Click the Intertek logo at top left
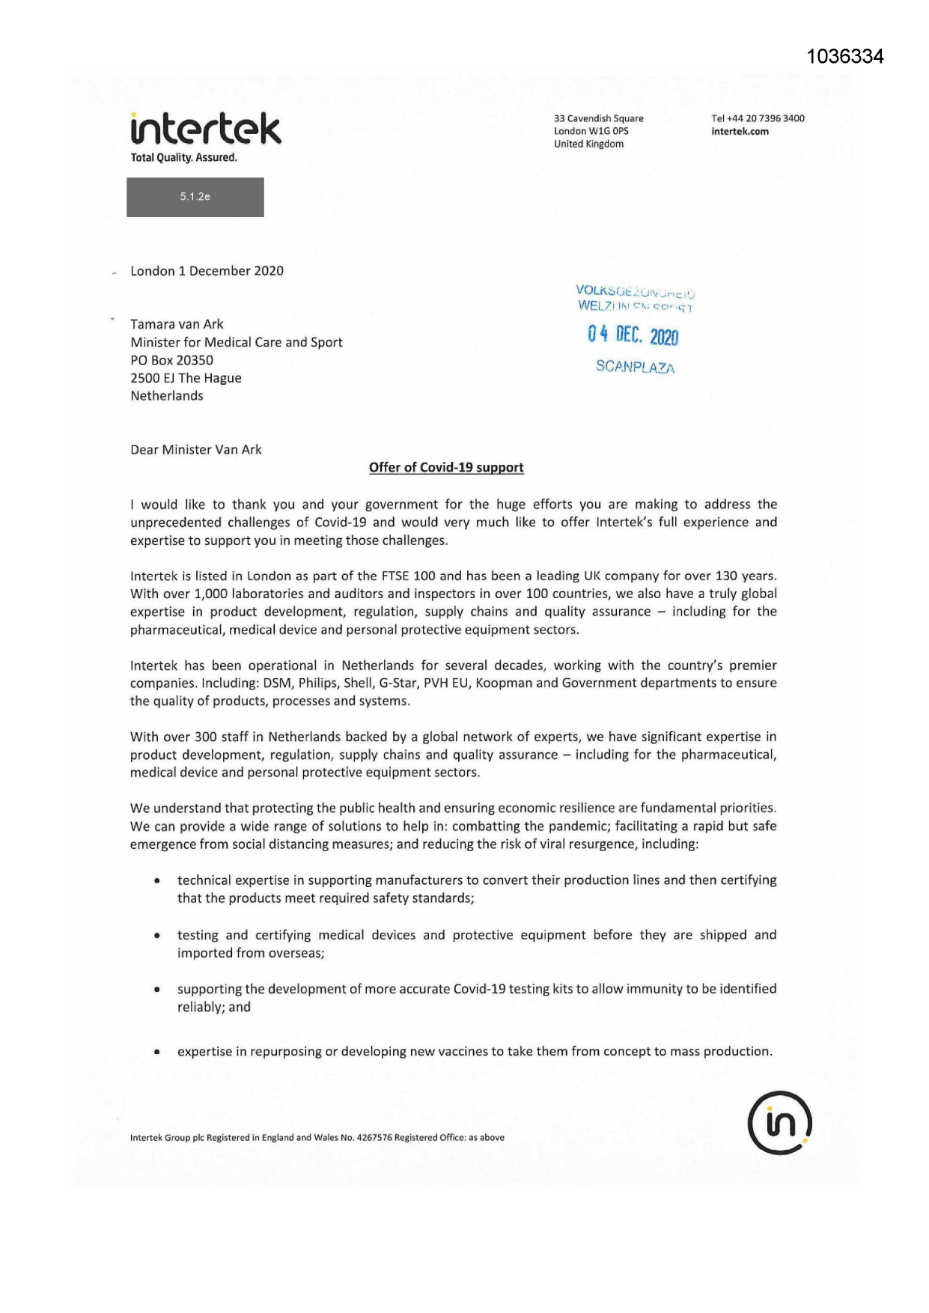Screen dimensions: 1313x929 (x=206, y=129)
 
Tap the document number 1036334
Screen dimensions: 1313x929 (x=845, y=57)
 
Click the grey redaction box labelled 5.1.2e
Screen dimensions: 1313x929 (x=195, y=197)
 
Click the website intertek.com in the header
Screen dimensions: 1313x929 (x=740, y=132)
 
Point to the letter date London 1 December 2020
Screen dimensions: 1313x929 (x=207, y=271)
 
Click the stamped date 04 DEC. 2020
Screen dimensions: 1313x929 (x=633, y=335)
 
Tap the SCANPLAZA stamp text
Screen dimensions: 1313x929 (x=635, y=367)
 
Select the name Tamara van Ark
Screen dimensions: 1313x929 (x=177, y=324)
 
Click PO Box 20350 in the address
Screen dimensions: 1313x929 (x=171, y=360)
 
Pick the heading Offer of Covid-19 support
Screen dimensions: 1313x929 (x=446, y=468)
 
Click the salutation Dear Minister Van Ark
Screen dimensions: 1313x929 (x=196, y=450)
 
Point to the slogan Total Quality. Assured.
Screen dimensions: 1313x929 (x=183, y=158)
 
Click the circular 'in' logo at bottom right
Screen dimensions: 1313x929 (x=779, y=1122)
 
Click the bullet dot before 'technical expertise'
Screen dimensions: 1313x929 (x=156, y=881)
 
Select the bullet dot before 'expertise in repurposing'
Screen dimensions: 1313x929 (x=156, y=1052)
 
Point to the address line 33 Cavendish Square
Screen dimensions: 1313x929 (x=598, y=118)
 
